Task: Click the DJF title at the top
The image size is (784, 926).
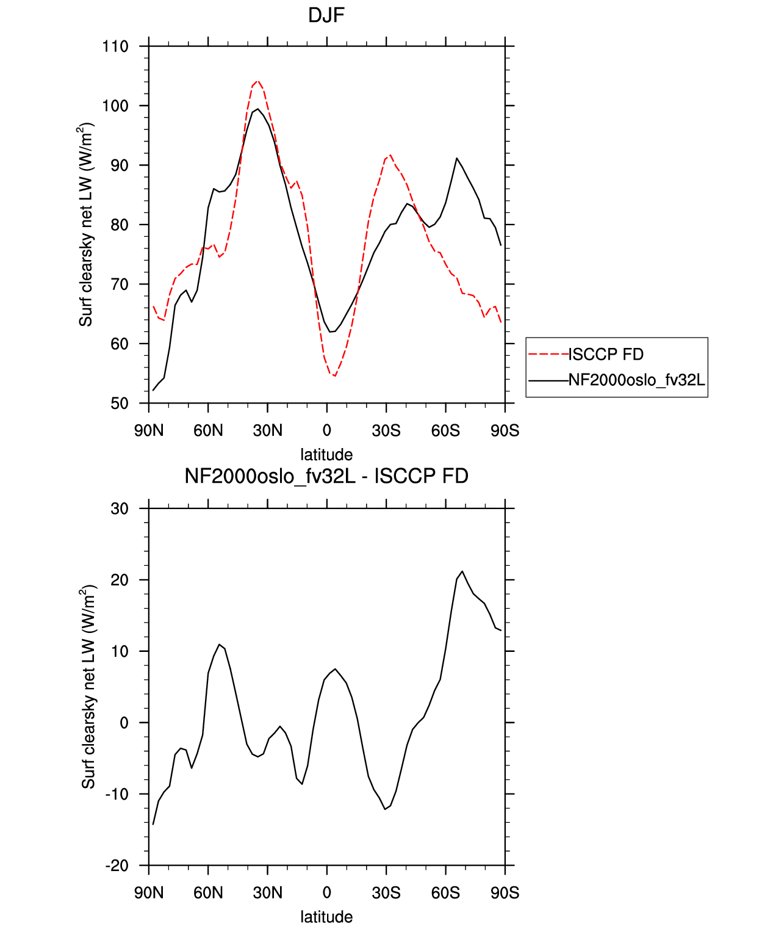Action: (x=326, y=16)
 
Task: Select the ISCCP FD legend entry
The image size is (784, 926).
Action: (x=606, y=355)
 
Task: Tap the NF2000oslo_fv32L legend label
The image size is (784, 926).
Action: (x=637, y=380)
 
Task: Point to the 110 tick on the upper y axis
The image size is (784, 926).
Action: (x=115, y=46)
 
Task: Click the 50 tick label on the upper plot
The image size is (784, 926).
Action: (x=119, y=403)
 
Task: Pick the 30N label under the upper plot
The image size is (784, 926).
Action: (x=267, y=430)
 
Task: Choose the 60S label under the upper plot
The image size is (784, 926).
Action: (x=445, y=430)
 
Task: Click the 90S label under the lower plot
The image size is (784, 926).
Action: (x=505, y=893)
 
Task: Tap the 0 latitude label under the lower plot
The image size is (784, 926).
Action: (x=327, y=893)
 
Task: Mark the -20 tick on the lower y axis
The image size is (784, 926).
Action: (x=117, y=866)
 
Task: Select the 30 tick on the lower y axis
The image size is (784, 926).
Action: (x=120, y=508)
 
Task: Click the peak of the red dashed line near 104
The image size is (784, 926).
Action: (x=257, y=81)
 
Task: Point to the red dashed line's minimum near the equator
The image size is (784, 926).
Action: (x=334, y=376)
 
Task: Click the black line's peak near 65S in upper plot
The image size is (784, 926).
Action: (x=457, y=157)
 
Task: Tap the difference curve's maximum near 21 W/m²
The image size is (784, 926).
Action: (x=462, y=571)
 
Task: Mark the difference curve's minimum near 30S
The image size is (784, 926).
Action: (x=385, y=809)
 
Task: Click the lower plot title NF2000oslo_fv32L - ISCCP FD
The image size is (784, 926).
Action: (x=326, y=476)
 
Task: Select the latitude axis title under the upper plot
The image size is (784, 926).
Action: (x=326, y=455)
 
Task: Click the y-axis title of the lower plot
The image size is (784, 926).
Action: (x=88, y=686)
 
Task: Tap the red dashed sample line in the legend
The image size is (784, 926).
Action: (x=548, y=355)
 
